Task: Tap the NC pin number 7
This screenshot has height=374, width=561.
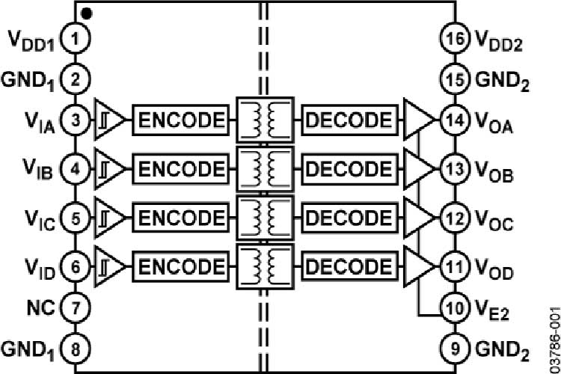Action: pos(75,306)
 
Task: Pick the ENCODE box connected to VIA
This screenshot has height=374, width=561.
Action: pos(180,120)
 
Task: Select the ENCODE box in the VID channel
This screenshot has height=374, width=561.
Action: pos(180,265)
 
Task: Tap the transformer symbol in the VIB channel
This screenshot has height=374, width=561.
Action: pos(263,168)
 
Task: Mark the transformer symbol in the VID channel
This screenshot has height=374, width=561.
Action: pos(263,265)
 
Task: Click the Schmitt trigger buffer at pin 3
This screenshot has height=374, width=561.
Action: pos(108,120)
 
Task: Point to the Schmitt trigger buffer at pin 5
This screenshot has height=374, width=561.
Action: pos(108,218)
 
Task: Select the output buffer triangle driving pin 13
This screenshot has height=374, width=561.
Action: pos(417,168)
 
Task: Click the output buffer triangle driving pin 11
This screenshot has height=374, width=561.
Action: pos(417,265)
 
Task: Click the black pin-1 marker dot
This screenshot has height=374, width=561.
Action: pos(88,13)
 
